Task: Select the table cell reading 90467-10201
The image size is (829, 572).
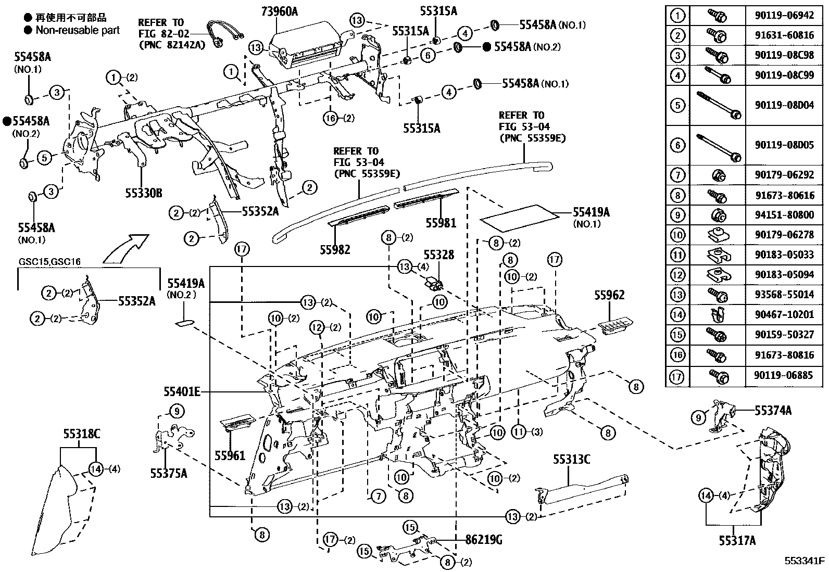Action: point(784,315)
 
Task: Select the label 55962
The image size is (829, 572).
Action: point(609,296)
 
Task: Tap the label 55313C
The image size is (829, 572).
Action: point(571,460)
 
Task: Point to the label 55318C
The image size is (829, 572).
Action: point(82,433)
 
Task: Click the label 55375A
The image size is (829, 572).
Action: point(169,473)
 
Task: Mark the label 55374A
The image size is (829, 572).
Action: point(773,411)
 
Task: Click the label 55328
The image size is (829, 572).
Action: point(438,255)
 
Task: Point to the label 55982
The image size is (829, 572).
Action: point(335,249)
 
